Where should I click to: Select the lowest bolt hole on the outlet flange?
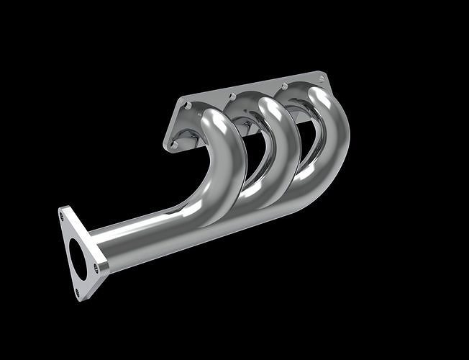tap(78, 292)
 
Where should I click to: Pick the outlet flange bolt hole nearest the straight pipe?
tap(96, 268)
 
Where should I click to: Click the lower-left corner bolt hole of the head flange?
tap(172, 144)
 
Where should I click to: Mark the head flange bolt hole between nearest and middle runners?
tap(232, 96)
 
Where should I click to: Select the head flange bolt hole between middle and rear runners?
tap(284, 86)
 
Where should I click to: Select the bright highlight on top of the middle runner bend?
tap(271, 108)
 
